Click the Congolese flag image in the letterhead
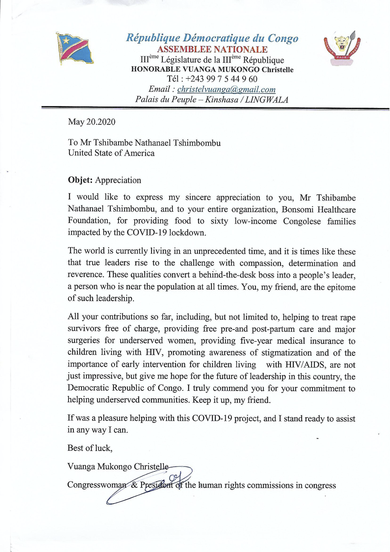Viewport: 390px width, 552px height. (x=75, y=48)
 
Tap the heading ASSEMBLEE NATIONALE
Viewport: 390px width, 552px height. (x=212, y=49)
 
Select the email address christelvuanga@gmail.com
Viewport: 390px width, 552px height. (x=226, y=89)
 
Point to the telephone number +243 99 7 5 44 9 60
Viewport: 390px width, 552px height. (x=221, y=79)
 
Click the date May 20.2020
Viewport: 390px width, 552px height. (x=92, y=122)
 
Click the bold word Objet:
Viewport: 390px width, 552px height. (x=80, y=180)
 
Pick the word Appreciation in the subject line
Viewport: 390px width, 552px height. (x=118, y=180)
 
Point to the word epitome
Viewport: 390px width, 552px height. (x=341, y=287)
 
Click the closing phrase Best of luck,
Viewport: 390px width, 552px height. (x=90, y=448)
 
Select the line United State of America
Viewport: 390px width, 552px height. (x=111, y=153)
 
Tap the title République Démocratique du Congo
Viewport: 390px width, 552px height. (x=212, y=38)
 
